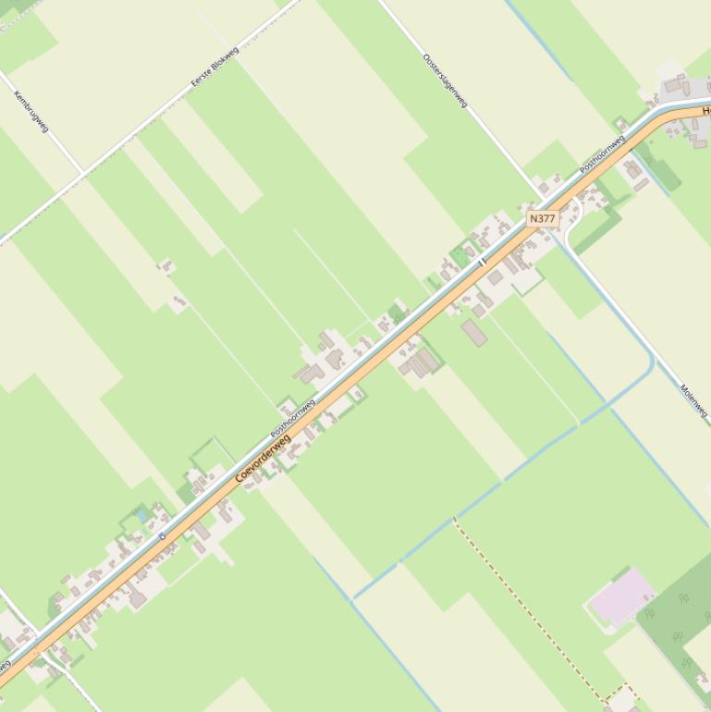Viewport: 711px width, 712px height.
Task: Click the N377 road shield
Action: tap(543, 219)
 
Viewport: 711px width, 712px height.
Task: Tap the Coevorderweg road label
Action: tap(263, 457)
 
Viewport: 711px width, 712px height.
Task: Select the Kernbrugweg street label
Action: tap(31, 111)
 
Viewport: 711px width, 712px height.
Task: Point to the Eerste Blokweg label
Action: tap(215, 68)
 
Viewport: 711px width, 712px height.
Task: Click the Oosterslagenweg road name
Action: tap(445, 80)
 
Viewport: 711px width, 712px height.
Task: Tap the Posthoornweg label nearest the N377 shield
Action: tap(602, 154)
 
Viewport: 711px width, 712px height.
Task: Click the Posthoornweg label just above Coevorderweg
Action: tap(293, 418)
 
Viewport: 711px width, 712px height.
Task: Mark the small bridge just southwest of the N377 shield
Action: tap(482, 263)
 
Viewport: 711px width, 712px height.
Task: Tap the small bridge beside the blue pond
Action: tap(162, 535)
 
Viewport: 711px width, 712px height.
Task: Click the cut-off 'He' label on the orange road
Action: tap(705, 111)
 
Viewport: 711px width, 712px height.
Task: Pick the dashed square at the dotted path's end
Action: tap(622, 698)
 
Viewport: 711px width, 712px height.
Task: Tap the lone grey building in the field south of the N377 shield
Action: tap(474, 332)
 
